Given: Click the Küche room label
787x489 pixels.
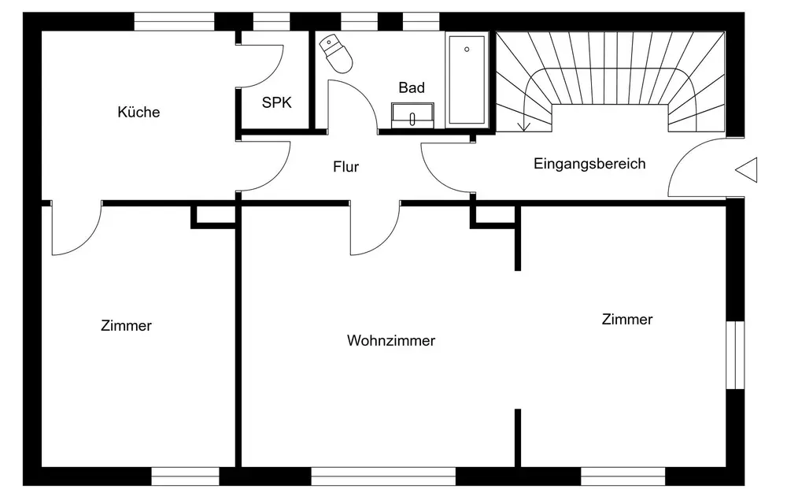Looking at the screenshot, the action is pos(139,112).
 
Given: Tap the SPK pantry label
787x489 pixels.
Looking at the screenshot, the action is pos(276,102).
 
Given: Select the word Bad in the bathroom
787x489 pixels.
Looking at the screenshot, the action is pos(412,87).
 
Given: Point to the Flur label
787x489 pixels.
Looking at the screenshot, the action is pos(345,166).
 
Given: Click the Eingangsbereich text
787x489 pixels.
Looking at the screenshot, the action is pos(589,164).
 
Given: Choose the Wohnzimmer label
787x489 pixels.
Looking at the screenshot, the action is pos(391,340).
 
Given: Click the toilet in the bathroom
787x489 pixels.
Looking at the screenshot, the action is pos(336,54).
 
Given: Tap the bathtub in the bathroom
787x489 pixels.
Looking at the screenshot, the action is pos(467,80).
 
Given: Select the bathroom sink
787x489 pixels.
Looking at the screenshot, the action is pos(412,115).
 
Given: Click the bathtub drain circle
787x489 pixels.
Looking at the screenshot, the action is pos(467,49).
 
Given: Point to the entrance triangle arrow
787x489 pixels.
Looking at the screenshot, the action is pos(746,170).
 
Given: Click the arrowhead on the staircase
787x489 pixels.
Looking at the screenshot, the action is pos(523,126).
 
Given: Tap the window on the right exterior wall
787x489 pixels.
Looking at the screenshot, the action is pos(735,355).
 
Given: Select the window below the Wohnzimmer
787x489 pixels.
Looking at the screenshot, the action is pos(383,476).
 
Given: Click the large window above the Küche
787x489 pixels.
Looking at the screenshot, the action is pos(174,21).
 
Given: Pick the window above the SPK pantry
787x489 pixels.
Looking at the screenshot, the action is pos(272,21).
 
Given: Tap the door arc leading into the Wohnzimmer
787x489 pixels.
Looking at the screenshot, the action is pos(386,242).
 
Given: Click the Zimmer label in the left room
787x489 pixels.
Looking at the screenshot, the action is pos(126,325).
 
